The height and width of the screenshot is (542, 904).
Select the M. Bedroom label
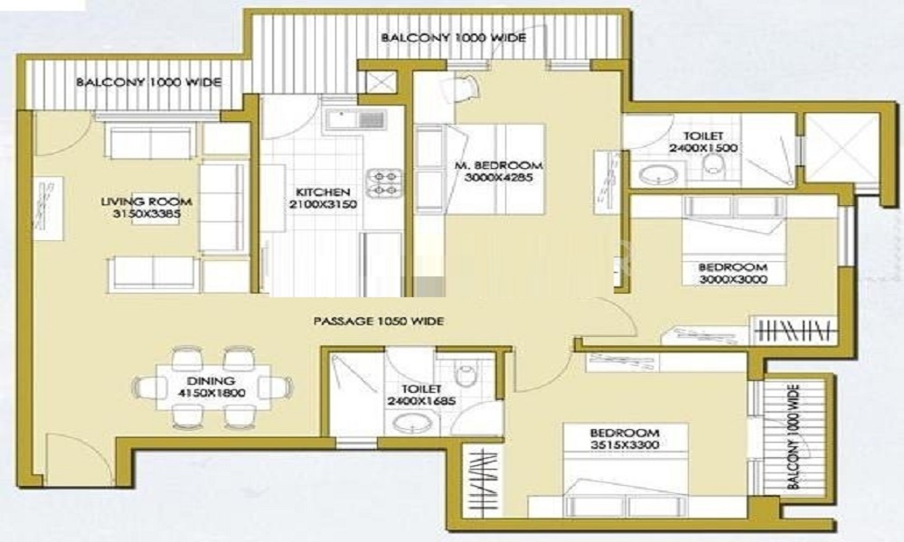(499, 165)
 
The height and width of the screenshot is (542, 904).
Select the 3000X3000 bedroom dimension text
(732, 280)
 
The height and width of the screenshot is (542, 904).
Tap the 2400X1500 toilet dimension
(704, 147)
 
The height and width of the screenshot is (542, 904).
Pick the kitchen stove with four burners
(382, 182)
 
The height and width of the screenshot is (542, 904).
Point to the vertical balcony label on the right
(793, 436)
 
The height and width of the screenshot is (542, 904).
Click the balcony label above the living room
(147, 82)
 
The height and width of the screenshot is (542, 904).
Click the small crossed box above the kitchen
(377, 81)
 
